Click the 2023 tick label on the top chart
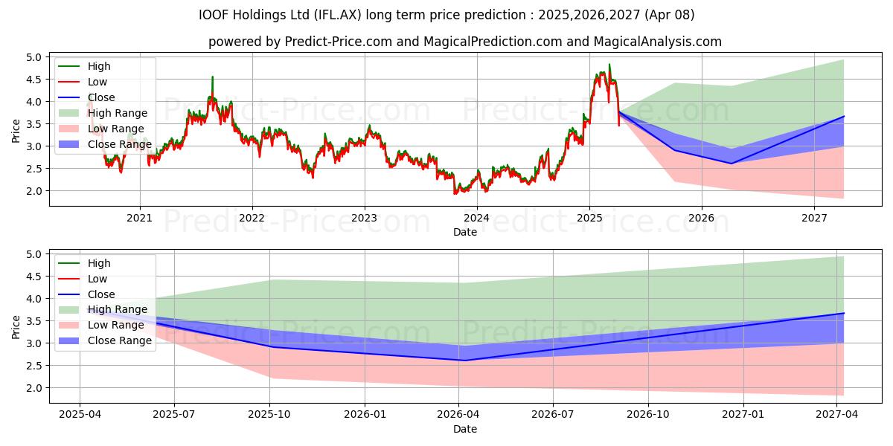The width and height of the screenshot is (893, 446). pos(364,218)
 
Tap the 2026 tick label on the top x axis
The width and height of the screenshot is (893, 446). pos(701,218)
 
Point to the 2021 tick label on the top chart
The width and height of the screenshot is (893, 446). pos(139,218)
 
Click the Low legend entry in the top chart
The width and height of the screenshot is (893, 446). pos(97,82)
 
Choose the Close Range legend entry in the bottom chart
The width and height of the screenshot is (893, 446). pos(120,340)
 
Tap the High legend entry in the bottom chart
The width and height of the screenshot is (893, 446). pos(99,263)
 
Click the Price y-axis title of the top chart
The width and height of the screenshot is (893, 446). pos(16,131)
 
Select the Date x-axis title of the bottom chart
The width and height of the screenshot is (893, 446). pos(465,429)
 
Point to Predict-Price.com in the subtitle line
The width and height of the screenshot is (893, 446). pos(338,42)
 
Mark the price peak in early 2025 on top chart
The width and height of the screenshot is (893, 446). pos(609,65)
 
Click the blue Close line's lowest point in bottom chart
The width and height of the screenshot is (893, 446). pos(464,361)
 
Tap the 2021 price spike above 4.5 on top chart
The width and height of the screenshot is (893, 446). pos(212,77)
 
